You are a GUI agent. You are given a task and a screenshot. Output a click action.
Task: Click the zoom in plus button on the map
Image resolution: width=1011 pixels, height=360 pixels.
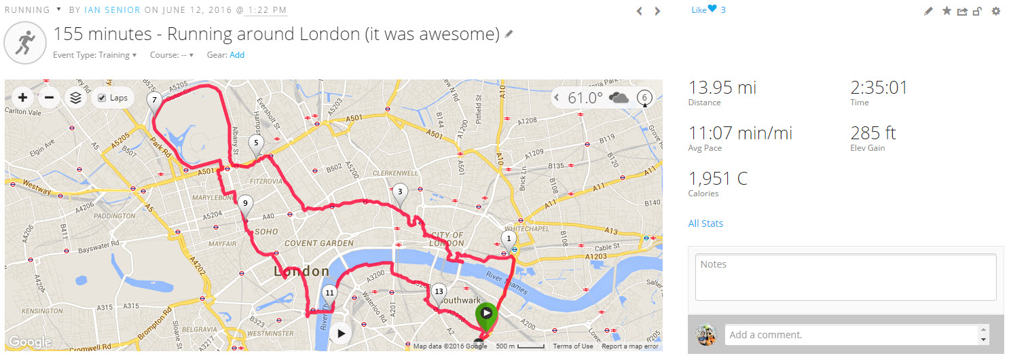point(23,98)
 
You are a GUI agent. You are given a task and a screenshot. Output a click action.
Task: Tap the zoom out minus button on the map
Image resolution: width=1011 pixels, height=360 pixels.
point(49,98)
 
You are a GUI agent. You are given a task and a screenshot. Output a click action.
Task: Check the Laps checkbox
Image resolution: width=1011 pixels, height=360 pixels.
point(102,98)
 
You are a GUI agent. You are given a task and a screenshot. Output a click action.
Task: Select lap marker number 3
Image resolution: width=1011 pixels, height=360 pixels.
point(400,193)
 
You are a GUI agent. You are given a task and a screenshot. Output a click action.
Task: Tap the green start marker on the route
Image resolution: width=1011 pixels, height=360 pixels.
point(486,314)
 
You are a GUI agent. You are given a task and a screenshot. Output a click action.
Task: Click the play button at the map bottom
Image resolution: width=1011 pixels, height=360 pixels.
point(341,334)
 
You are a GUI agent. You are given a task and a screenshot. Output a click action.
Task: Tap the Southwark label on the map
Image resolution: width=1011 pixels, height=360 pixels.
point(460,300)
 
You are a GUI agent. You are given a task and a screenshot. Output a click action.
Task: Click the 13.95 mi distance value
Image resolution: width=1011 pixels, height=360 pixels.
point(722,88)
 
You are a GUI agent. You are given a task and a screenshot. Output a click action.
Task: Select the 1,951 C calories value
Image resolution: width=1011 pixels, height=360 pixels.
point(718,179)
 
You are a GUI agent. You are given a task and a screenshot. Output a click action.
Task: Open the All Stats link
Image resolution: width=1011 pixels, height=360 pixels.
point(705,223)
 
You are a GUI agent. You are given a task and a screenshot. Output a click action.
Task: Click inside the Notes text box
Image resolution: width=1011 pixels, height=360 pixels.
point(845,277)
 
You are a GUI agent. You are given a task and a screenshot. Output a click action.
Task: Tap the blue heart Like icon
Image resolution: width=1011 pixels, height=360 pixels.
point(712,10)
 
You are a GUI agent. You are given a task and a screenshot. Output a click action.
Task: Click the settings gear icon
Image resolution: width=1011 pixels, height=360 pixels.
point(996,11)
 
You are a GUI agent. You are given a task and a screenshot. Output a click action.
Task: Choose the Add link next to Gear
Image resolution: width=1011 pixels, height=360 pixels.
point(237,55)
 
